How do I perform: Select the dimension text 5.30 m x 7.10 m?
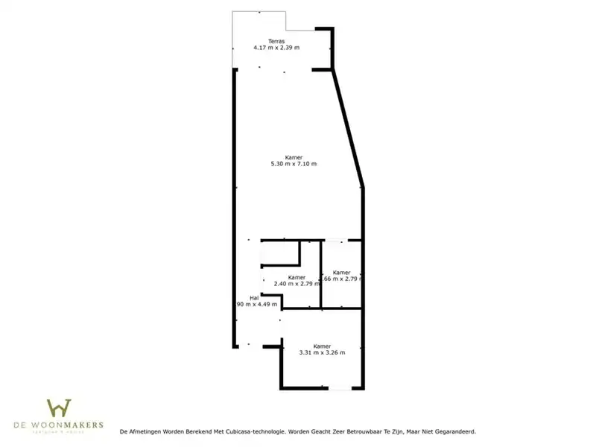tap(294, 164)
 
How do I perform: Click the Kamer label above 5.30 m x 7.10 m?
tap(294, 157)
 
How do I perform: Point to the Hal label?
tap(254, 297)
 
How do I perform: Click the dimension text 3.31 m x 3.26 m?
tap(322, 352)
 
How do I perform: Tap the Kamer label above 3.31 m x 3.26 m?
tap(322, 346)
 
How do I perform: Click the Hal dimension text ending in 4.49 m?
tap(257, 304)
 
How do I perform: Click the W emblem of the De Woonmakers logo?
tap(59, 409)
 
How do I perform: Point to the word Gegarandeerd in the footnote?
tap(453, 431)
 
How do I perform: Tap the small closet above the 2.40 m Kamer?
tap(279, 253)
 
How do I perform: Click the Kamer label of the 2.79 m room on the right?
tap(342, 273)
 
